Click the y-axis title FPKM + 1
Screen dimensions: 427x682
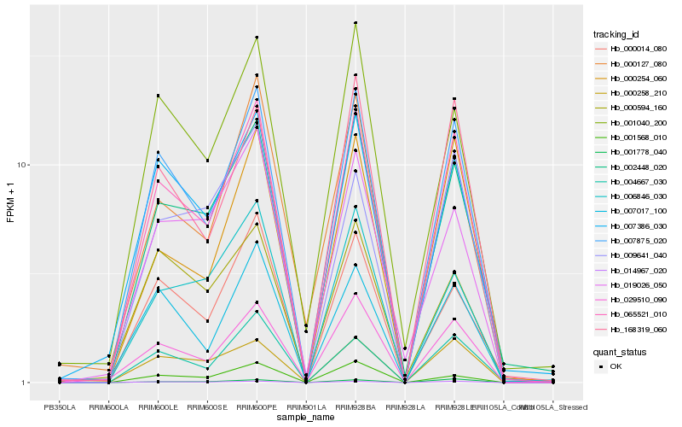click(x=10, y=202)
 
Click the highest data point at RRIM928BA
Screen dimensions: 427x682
click(x=355, y=23)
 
